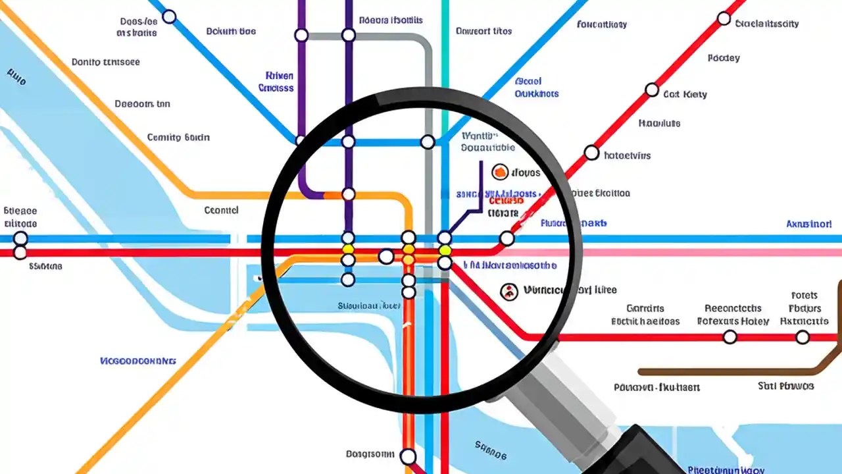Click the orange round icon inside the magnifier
coord(500,172)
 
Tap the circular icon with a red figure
coord(508,291)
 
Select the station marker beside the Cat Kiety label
coord(651,90)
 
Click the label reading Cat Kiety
coord(685,94)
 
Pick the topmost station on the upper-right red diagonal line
coord(724,18)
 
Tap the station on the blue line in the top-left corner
coord(169,16)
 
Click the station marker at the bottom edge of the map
coord(408,456)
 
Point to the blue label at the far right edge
coord(808,224)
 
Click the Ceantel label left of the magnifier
coord(221,211)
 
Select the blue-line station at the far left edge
coord(20,238)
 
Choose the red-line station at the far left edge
coord(20,252)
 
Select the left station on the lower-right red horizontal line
coord(730,337)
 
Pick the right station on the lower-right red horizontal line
coord(802,337)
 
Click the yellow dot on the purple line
coord(348,250)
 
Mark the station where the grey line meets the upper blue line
coord(428,142)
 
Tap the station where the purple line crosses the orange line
coord(348,194)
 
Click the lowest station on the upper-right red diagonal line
coord(507,238)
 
